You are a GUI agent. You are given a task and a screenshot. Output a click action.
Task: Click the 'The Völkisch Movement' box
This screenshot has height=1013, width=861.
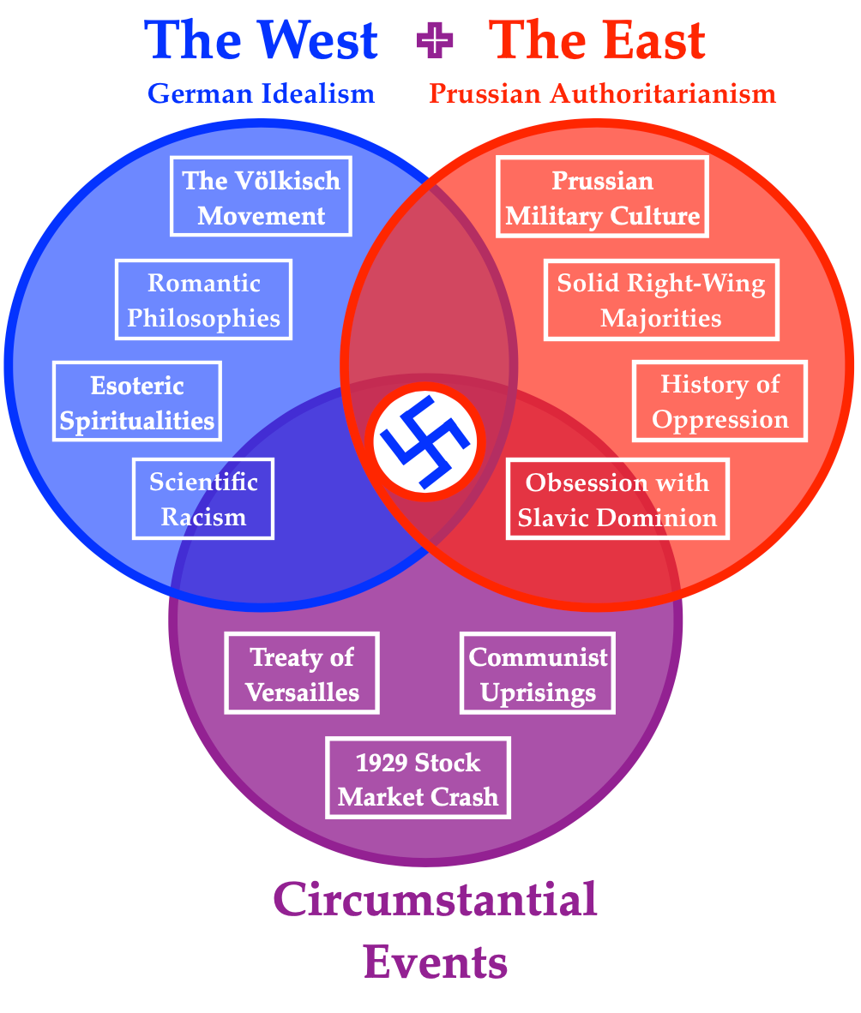pyautogui.click(x=261, y=196)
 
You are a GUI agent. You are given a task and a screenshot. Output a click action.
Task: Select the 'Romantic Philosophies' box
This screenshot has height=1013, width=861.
pyautogui.click(x=204, y=300)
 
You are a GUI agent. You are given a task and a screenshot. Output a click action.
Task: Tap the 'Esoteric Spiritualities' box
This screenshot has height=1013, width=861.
pyautogui.click(x=137, y=402)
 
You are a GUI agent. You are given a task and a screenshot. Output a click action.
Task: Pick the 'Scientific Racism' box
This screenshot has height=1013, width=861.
pyautogui.click(x=203, y=499)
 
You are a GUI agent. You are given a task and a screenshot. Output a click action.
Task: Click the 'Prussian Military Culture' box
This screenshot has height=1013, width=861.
pyautogui.click(x=602, y=198)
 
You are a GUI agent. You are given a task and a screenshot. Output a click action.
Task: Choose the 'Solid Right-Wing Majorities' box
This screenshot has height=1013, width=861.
pyautogui.click(x=661, y=300)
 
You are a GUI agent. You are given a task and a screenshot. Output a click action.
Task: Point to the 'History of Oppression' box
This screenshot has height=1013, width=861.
pyautogui.click(x=720, y=401)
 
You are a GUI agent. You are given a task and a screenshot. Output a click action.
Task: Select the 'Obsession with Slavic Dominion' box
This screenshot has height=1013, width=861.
pyautogui.click(x=617, y=499)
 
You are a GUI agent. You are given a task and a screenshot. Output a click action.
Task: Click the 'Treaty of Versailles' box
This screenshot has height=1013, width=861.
pyautogui.click(x=302, y=674)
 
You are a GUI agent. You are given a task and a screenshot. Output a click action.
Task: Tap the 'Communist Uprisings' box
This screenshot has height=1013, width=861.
pyautogui.click(x=538, y=674)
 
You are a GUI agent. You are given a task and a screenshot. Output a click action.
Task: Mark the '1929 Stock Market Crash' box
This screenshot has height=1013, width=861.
pyautogui.click(x=418, y=778)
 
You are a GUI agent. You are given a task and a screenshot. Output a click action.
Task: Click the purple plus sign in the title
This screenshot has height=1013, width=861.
pyautogui.click(x=432, y=40)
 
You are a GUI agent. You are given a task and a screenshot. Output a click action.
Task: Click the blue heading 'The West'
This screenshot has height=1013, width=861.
pyautogui.click(x=262, y=39)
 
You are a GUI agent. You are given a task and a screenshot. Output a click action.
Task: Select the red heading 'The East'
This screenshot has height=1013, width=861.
pyautogui.click(x=597, y=39)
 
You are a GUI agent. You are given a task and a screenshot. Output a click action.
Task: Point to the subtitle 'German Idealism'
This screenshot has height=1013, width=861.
pyautogui.click(x=262, y=93)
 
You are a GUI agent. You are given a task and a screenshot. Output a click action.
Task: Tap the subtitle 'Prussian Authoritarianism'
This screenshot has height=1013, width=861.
pyautogui.click(x=602, y=93)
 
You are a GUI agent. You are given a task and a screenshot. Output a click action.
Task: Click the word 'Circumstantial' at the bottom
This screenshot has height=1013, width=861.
pyautogui.click(x=435, y=900)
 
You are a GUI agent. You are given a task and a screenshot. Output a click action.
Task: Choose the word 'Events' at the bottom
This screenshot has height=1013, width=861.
pyautogui.click(x=435, y=961)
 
